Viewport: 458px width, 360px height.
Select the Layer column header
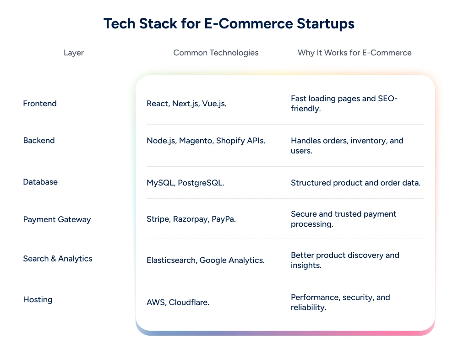(74, 53)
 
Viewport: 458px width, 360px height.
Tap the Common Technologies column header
(216, 53)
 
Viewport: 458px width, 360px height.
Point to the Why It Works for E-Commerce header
(354, 53)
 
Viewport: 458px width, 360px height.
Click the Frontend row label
(40, 104)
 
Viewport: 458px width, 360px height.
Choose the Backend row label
(39, 140)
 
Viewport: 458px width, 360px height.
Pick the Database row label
(40, 182)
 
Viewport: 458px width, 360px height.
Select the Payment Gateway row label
(57, 219)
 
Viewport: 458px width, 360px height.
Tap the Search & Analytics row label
(58, 258)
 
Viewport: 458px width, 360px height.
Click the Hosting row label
(38, 300)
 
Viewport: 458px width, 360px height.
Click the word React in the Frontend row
(158, 104)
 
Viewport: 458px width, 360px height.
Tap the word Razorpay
(191, 219)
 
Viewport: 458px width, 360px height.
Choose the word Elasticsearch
(171, 260)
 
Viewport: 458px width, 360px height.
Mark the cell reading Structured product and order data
(355, 183)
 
